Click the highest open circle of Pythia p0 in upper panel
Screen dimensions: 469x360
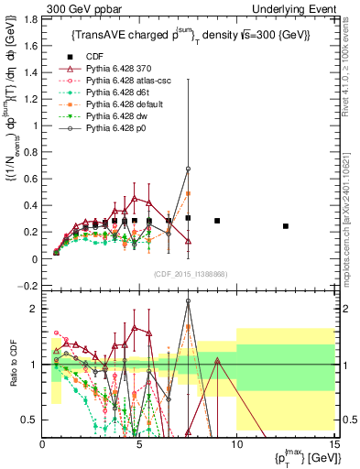pyautogui.click(x=188, y=169)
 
